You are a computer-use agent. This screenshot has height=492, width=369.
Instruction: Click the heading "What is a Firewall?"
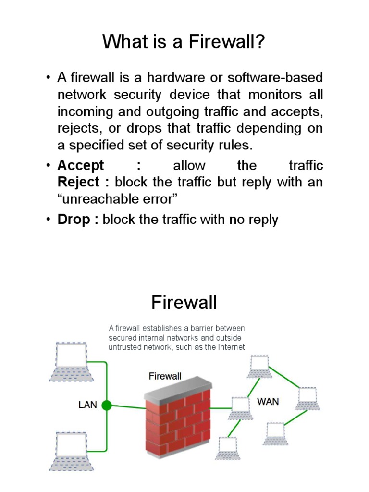(x=184, y=42)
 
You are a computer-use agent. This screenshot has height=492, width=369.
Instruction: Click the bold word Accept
(x=81, y=166)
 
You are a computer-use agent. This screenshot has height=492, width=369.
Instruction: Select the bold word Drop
(x=74, y=220)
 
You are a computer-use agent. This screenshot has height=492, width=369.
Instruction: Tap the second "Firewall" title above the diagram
(x=184, y=303)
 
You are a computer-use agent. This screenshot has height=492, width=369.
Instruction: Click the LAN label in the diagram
(x=88, y=405)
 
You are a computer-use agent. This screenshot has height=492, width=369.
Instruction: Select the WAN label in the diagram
(x=268, y=401)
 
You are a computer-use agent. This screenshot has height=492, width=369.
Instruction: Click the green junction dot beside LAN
(x=107, y=406)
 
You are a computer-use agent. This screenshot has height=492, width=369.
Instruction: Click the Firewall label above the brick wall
(x=165, y=376)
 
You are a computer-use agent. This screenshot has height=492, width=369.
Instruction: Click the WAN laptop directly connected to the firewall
(x=240, y=408)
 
